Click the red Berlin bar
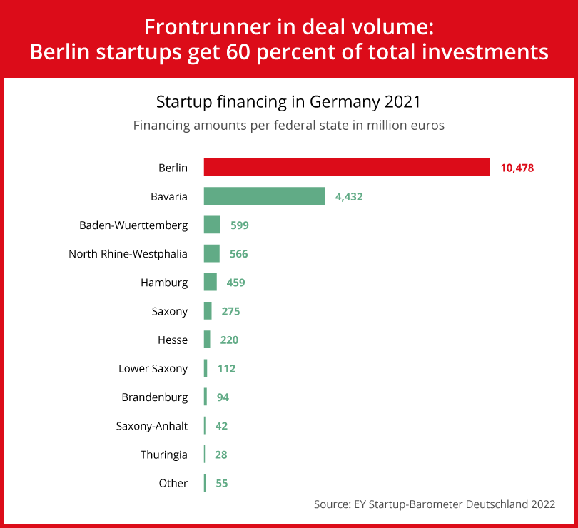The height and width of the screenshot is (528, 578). [347, 167]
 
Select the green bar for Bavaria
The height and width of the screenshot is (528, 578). [264, 196]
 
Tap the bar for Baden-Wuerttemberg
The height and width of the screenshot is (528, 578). [212, 225]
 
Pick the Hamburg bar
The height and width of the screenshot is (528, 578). [210, 282]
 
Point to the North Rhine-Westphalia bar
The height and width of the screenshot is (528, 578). [211, 253]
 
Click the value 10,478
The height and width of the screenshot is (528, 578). [517, 168]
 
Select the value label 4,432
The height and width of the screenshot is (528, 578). [349, 196]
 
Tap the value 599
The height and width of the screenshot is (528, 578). [239, 225]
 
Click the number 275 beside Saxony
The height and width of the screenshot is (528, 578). [230, 311]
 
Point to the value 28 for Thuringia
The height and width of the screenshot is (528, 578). [221, 455]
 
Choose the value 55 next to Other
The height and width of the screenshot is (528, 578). [221, 483]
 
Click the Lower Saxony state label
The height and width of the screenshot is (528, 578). [153, 368]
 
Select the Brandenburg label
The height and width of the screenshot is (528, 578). [155, 397]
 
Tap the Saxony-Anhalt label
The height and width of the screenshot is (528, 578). [152, 426]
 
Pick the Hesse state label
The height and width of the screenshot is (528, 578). [173, 340]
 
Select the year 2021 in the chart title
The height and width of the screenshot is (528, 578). [402, 101]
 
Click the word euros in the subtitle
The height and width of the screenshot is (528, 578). [427, 125]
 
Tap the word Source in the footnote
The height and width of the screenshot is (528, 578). [331, 504]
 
